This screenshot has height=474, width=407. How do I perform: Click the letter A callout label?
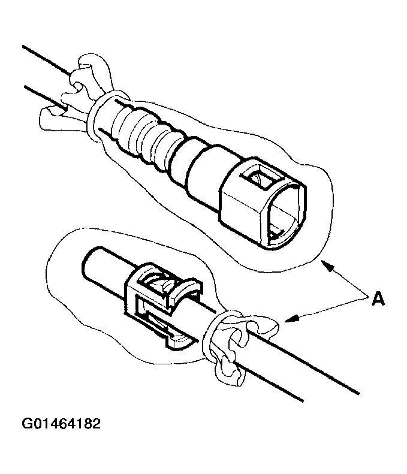tap(378, 298)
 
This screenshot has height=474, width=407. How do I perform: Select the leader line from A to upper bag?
tap(348, 279)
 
